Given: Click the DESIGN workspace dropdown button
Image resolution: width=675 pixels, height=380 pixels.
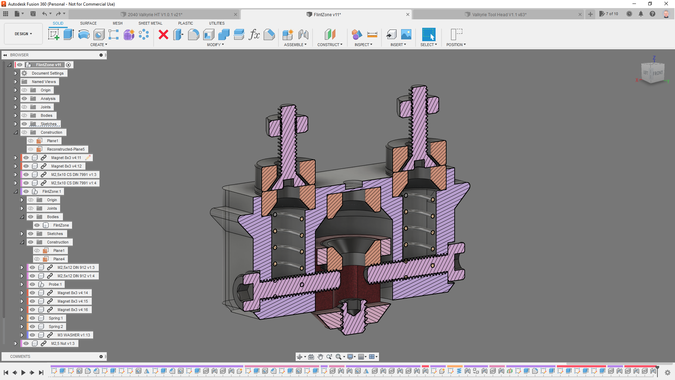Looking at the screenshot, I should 23,34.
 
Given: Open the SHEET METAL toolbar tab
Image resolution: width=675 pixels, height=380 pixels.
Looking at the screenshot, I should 150,23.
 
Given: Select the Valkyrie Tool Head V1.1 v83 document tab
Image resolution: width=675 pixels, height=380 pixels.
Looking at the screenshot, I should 499,14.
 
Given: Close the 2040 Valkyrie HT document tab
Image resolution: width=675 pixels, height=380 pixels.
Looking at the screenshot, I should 236,14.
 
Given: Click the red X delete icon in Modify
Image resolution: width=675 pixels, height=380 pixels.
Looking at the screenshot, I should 163,34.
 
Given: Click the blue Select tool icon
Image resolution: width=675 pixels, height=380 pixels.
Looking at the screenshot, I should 428,34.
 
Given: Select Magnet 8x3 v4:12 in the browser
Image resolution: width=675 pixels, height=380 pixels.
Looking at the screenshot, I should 66,166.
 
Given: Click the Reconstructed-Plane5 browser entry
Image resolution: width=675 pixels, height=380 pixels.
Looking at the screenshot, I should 66,149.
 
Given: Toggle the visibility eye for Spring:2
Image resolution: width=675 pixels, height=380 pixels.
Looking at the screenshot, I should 32,327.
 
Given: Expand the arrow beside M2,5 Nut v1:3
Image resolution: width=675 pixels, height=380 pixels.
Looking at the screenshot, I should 15,343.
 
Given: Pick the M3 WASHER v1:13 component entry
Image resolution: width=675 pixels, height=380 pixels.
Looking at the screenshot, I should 73,335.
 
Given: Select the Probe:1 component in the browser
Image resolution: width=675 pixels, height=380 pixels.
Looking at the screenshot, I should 55,284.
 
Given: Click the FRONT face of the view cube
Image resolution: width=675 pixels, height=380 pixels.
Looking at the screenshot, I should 657,73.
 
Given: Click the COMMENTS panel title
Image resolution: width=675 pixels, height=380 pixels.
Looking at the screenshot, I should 20,356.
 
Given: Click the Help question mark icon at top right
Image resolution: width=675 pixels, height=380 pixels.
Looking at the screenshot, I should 652,14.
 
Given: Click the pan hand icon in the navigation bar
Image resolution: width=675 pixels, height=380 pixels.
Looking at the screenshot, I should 320,357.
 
